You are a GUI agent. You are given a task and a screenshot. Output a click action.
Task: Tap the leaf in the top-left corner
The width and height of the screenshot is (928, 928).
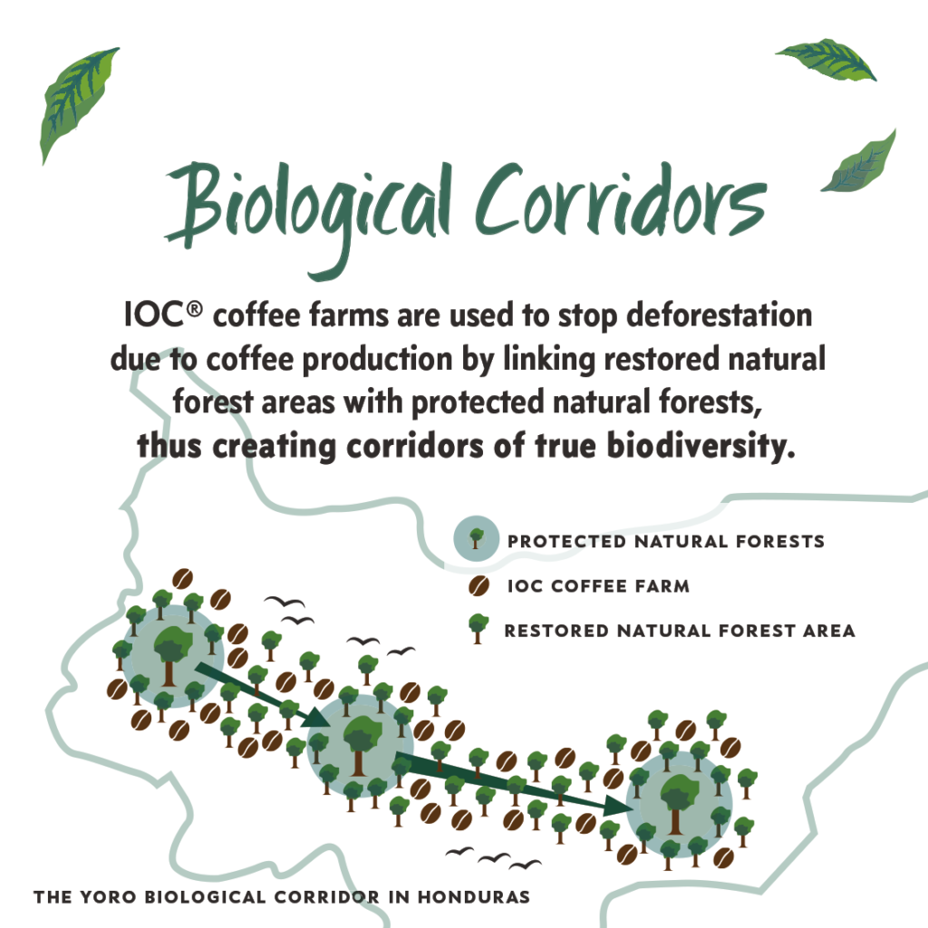tap(79, 103)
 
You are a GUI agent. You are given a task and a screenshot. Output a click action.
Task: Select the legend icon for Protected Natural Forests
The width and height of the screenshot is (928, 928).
tap(476, 538)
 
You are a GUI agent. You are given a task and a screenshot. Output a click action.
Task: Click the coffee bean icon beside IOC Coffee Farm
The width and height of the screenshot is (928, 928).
tap(478, 586)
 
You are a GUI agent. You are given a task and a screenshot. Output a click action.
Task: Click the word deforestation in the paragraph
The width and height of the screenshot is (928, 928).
tap(719, 314)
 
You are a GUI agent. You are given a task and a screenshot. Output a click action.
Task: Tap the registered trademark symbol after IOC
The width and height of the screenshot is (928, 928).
tap(195, 309)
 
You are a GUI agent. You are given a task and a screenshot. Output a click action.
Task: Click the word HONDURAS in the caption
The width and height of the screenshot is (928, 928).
tap(473, 896)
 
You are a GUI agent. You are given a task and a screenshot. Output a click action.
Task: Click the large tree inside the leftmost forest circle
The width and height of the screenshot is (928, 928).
tap(172, 654)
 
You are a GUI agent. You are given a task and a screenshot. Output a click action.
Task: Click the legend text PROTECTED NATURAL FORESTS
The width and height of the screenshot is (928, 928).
tap(666, 541)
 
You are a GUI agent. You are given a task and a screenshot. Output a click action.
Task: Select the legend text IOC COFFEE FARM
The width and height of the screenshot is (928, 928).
tap(598, 586)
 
